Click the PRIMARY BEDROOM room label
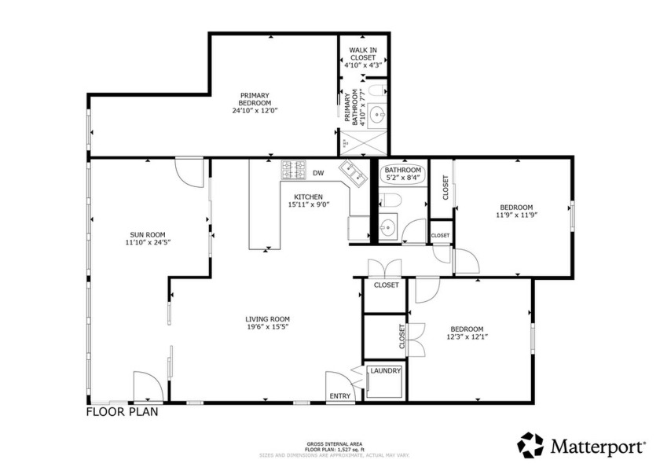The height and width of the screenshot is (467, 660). (x=255, y=103)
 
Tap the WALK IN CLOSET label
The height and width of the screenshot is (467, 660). (x=363, y=57)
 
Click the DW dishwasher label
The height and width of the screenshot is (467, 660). (x=318, y=173)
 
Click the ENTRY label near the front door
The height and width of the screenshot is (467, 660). (x=340, y=396)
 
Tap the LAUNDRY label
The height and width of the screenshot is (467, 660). (x=385, y=371)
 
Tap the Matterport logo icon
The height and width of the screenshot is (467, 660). (x=530, y=445)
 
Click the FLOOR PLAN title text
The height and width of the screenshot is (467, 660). (x=126, y=411)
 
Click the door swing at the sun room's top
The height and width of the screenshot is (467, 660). (x=189, y=171)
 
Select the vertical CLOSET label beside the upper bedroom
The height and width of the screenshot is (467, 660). (x=445, y=188)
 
